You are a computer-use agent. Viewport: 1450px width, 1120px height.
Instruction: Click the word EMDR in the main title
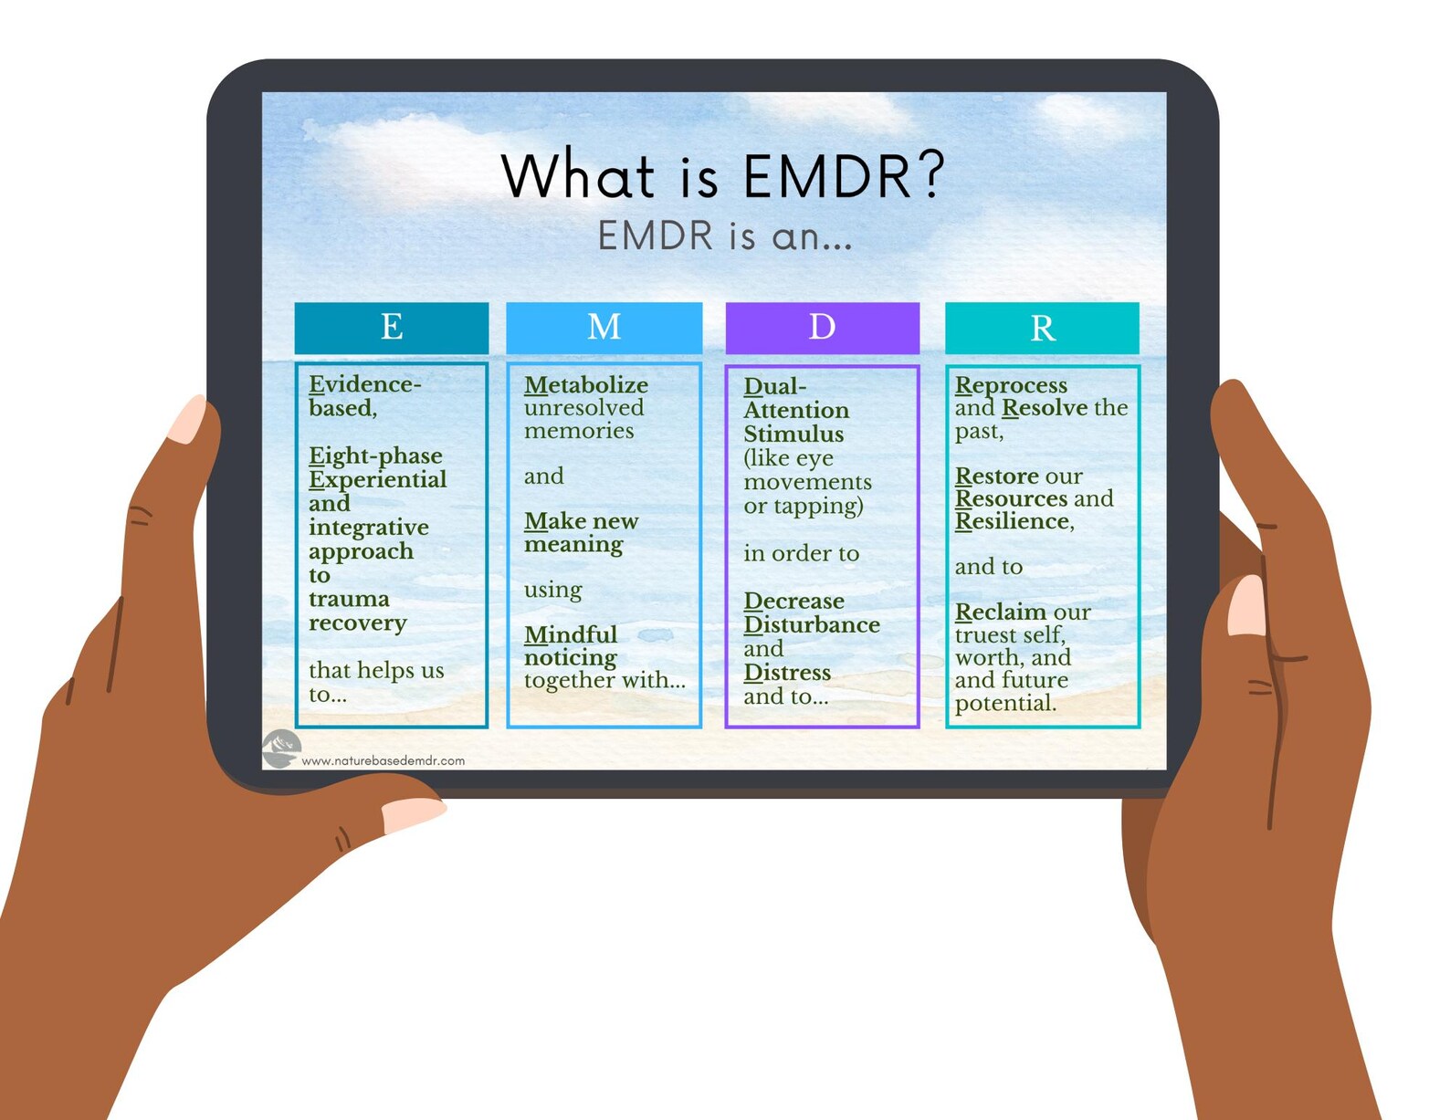[826, 175]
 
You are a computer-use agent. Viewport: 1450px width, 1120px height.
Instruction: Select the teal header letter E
[392, 327]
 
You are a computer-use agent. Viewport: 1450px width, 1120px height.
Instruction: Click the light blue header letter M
[604, 327]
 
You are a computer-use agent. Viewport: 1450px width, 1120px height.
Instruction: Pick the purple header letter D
[822, 327]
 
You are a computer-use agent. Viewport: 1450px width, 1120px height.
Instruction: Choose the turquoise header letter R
[1042, 328]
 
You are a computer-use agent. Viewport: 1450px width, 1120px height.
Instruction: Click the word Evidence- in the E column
[364, 384]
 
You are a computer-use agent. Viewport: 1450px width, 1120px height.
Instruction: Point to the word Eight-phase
[375, 455]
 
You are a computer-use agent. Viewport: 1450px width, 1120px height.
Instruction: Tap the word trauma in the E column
[349, 599]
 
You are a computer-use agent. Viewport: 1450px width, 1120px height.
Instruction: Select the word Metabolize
[585, 385]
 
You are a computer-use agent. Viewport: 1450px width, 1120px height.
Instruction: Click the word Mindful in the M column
[571, 634]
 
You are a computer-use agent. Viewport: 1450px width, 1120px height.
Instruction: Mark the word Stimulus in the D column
[793, 434]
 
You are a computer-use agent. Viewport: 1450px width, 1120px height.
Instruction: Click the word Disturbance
[812, 624]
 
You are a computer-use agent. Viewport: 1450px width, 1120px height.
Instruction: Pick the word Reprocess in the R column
[1011, 385]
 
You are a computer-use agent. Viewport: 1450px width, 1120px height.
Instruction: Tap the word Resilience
[1013, 521]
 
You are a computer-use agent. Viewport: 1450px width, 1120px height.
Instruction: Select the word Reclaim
[1001, 612]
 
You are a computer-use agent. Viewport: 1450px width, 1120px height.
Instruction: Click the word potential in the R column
[1004, 703]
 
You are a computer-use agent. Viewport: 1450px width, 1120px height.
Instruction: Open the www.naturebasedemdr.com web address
[383, 760]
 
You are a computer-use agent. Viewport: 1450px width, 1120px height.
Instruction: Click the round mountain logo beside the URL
[281, 748]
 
